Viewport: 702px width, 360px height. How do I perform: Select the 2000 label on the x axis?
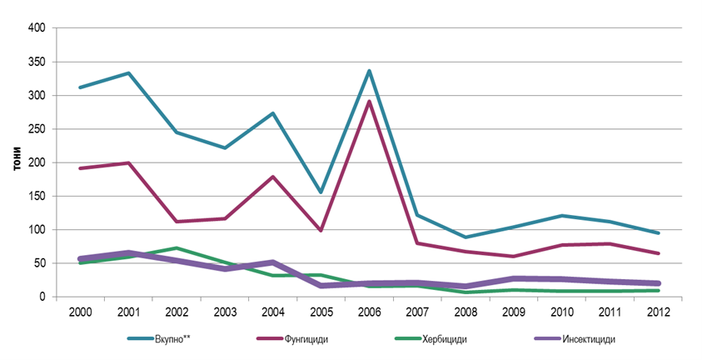coord(79,311)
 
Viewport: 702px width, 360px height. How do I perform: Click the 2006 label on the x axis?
coord(368,311)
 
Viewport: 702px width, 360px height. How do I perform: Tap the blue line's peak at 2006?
coord(368,71)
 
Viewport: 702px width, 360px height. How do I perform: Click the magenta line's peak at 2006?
coord(368,102)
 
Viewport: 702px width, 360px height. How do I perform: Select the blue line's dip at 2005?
coord(320,192)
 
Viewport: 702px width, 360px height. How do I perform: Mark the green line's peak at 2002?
coord(176,248)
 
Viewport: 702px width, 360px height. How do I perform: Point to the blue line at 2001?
coord(127,72)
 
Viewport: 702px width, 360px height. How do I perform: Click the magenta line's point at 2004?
coord(271,177)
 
